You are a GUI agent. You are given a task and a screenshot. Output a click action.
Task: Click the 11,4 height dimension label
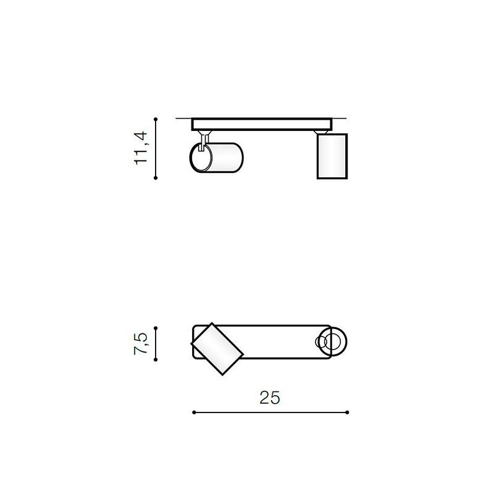[x=141, y=148]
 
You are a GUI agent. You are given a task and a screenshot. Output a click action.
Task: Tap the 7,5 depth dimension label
[x=140, y=344]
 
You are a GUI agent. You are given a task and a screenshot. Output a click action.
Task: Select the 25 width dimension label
[x=270, y=398]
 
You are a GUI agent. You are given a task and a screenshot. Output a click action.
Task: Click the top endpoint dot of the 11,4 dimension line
[x=156, y=119]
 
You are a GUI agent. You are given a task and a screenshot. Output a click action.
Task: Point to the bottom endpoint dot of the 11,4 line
[x=156, y=178]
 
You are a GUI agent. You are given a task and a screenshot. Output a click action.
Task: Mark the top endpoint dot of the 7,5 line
[x=156, y=328]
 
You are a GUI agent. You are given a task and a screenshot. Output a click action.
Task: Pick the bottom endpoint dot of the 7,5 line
[x=156, y=359]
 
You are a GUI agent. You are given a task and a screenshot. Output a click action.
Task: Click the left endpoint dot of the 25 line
[x=194, y=412]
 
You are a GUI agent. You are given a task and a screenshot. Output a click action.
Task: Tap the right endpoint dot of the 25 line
[x=347, y=412]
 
